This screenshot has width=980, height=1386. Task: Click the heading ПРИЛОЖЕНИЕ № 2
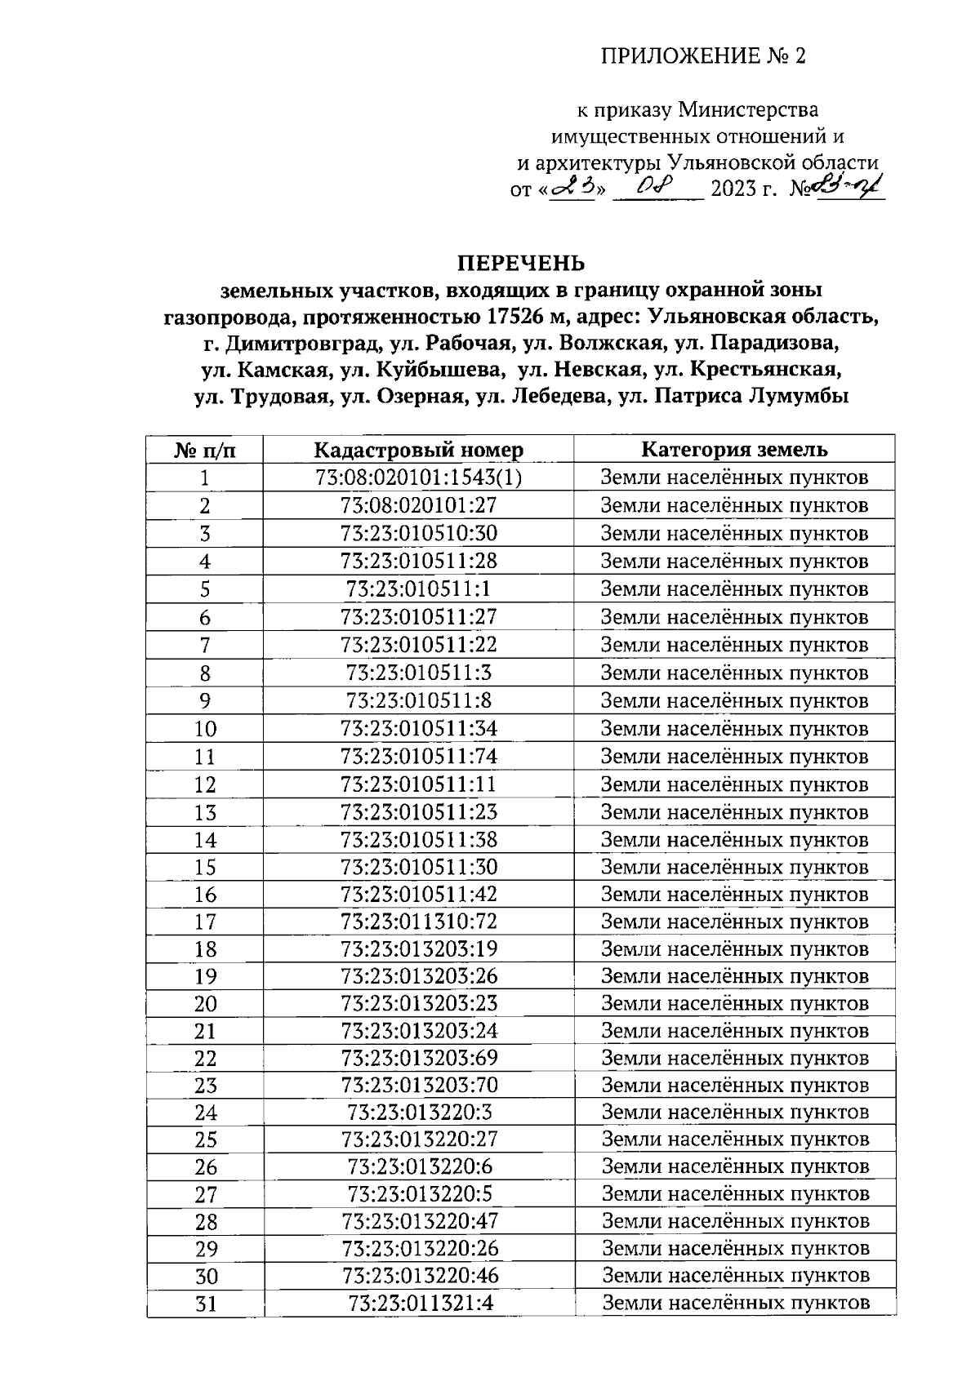click(703, 56)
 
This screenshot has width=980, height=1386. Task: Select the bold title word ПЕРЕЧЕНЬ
click(521, 264)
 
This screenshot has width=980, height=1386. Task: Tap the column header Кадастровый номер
click(418, 450)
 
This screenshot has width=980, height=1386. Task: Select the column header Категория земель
click(734, 450)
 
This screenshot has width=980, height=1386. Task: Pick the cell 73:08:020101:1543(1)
click(418, 478)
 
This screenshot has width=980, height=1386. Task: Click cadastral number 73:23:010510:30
click(418, 533)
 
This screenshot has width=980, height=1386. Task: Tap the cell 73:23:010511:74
click(418, 756)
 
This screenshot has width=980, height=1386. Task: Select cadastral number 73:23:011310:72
click(418, 922)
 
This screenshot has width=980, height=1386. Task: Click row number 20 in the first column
click(205, 1004)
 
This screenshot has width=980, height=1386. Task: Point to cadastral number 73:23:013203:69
click(419, 1058)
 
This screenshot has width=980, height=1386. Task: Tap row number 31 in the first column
click(206, 1304)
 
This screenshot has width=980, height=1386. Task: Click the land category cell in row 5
click(734, 589)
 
